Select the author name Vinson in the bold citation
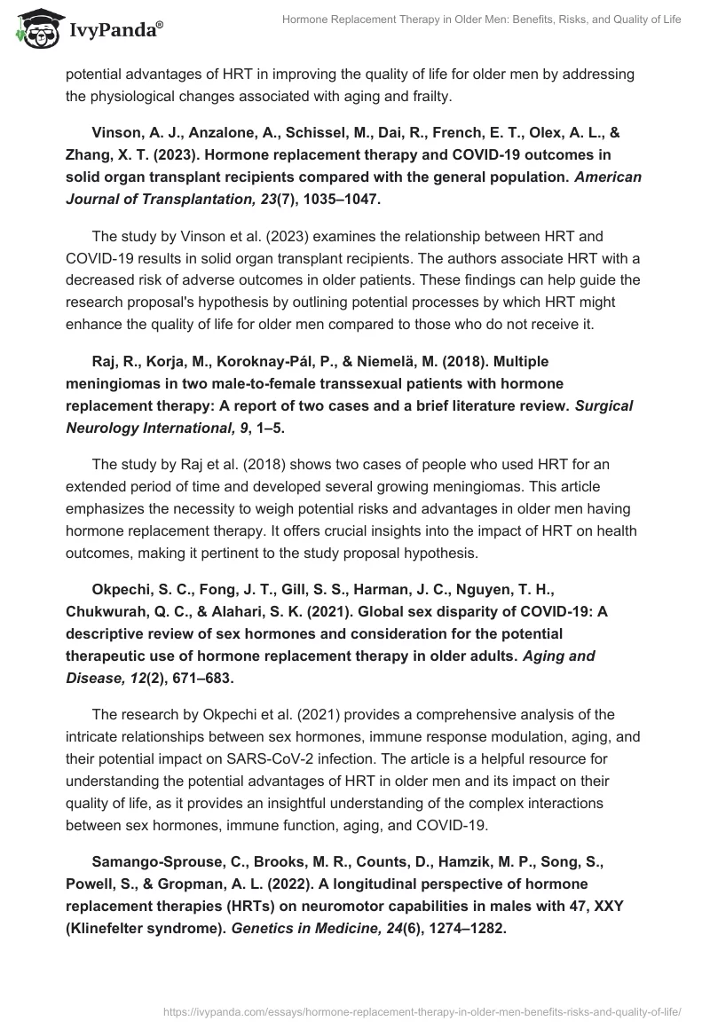115,132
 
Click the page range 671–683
199,679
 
